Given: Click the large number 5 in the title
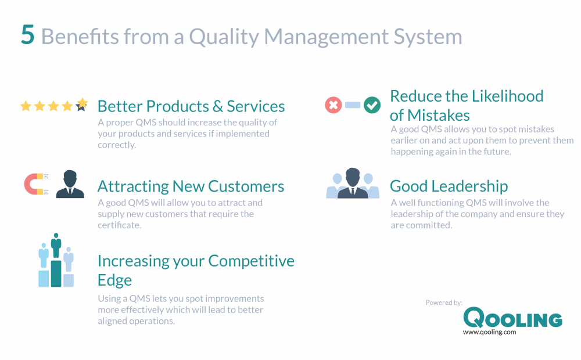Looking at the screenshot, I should tap(28, 36).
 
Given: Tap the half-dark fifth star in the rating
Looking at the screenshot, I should tap(82, 105).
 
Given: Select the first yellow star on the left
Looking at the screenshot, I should tap(26, 106).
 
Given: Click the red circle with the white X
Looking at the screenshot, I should tap(333, 106).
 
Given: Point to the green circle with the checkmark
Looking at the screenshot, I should tap(372, 106).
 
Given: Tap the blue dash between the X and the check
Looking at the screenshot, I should tap(352, 106).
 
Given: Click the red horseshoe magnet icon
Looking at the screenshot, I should tap(34, 184).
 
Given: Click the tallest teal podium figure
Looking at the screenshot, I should tap(56, 259).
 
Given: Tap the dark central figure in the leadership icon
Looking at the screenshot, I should tap(353, 184).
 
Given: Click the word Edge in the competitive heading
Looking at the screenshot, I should tap(114, 280).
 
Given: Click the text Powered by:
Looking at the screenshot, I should tap(444, 303).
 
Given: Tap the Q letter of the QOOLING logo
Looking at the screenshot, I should tap(474, 318).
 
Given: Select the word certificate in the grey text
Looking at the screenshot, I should tap(119, 225).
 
